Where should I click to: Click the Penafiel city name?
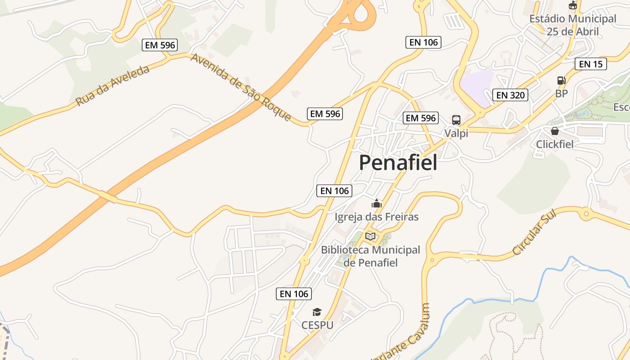click(x=398, y=162)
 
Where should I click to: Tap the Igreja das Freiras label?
click(x=377, y=217)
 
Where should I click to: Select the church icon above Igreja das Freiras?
click(x=377, y=204)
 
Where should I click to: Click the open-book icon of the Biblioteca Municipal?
click(x=370, y=236)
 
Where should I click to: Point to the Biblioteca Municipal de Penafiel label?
click(x=370, y=256)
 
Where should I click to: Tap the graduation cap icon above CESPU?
click(x=317, y=312)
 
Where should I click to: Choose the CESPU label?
click(x=317, y=325)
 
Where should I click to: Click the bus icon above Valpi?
click(x=456, y=120)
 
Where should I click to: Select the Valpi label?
click(x=456, y=133)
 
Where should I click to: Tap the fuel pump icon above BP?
click(x=561, y=81)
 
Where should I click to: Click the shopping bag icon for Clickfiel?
click(x=555, y=131)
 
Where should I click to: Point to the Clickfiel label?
click(x=555, y=144)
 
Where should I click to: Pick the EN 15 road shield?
click(x=591, y=64)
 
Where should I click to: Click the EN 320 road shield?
click(x=510, y=95)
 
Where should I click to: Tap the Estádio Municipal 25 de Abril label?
click(x=572, y=25)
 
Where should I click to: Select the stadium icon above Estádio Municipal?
click(x=572, y=5)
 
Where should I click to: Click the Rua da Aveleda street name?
click(x=112, y=85)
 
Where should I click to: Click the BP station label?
click(x=561, y=94)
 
